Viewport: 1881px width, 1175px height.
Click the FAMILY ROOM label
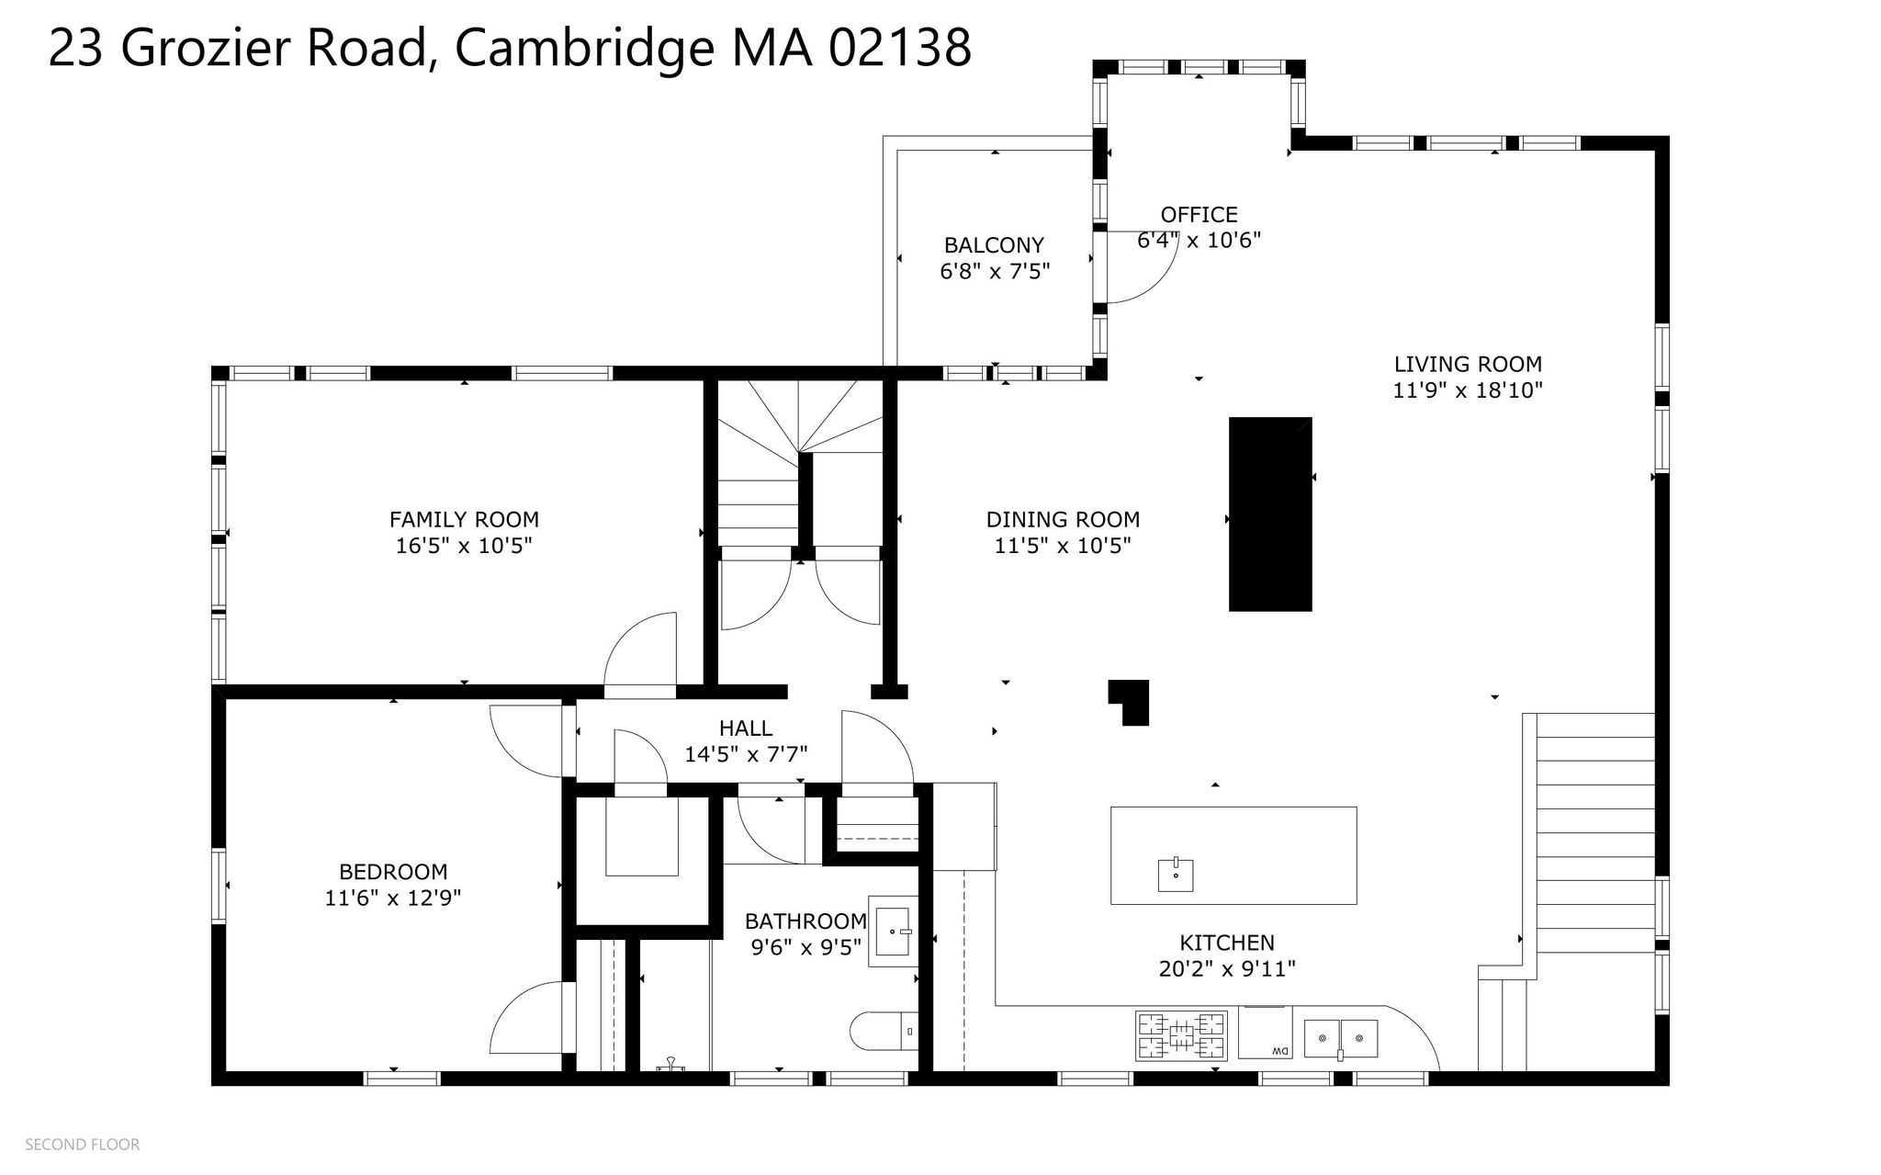coord(464,519)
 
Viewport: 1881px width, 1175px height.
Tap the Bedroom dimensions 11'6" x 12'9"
coord(392,898)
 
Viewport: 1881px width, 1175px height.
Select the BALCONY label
coord(994,245)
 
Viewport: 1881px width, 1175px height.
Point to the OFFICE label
coord(1199,214)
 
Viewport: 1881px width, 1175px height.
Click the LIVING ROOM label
coord(1468,364)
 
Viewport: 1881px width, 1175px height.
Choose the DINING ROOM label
coord(1063,519)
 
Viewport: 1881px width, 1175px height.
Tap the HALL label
coord(746,729)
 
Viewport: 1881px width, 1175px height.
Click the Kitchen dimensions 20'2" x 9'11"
coord(1227,969)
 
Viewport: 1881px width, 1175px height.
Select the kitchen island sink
coord(1176,875)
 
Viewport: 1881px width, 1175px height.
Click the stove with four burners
coord(1182,1035)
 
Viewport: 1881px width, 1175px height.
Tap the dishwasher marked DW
coord(1265,1033)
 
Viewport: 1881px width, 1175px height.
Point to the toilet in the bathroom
coord(884,1032)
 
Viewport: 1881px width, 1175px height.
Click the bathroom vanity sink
coord(893,932)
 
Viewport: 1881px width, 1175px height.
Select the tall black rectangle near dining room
coord(1270,514)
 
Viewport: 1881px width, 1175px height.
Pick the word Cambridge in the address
coord(584,48)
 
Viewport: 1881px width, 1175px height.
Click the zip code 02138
coord(900,48)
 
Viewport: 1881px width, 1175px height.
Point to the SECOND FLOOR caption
coord(83,1145)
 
